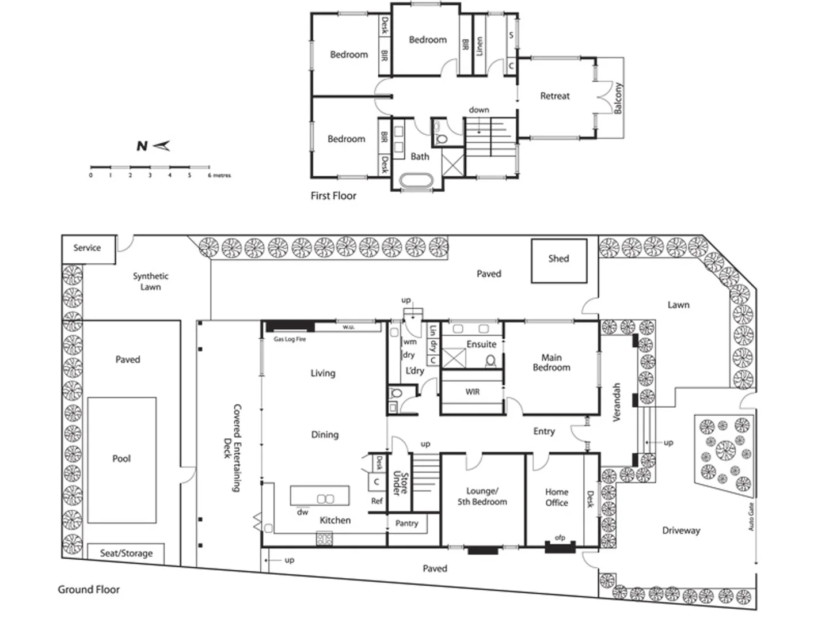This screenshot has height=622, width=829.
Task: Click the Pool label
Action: pos(121,458)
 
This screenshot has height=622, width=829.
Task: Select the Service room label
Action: pos(87,248)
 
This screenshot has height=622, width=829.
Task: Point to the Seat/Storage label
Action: pos(126,553)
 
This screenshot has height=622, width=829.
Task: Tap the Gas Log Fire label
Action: pos(290,339)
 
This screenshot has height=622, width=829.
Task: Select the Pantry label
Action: pos(406,523)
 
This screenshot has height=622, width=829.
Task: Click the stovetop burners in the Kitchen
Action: pos(325,539)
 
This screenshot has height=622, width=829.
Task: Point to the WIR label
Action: pos(472,392)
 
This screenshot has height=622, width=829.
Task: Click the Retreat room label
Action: pos(555,96)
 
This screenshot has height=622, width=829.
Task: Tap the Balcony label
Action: pos(618,98)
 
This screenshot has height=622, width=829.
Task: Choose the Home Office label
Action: pos(557,497)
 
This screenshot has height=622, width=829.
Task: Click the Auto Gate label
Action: pos(751,517)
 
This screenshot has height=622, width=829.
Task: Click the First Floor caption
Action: pos(333,196)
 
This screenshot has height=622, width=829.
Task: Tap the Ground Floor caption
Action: pos(89,589)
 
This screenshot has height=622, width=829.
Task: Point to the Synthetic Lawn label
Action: pos(151,281)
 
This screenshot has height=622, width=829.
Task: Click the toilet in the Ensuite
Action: pos(490,361)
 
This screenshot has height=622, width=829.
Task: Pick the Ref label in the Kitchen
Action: pos(377,501)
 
